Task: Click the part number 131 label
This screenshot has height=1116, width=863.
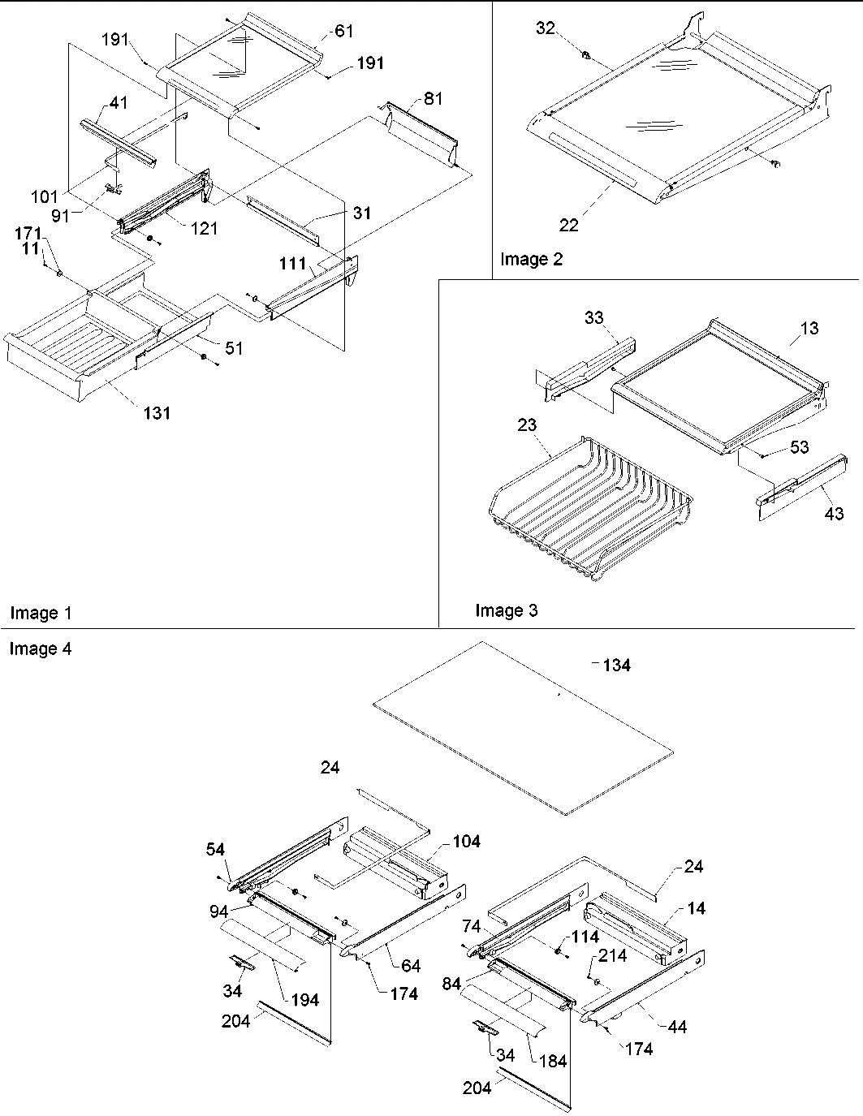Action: pos(157,413)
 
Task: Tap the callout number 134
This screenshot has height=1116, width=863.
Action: pos(615,666)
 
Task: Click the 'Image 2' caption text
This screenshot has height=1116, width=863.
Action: pos(531,259)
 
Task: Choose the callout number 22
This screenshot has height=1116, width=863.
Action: pos(569,225)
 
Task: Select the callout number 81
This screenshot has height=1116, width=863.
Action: pos(434,99)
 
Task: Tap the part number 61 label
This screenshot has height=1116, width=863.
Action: pos(343,31)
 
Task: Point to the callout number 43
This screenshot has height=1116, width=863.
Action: pos(834,513)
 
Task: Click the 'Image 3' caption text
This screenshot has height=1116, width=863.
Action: pos(507,610)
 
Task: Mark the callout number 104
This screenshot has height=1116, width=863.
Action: pos(465,842)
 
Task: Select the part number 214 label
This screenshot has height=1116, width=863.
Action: pos(613,955)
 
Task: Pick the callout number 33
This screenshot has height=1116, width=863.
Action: pos(594,317)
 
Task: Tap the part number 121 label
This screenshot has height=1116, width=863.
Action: pos(204,229)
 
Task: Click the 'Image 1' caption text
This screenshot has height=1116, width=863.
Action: pos(40,614)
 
